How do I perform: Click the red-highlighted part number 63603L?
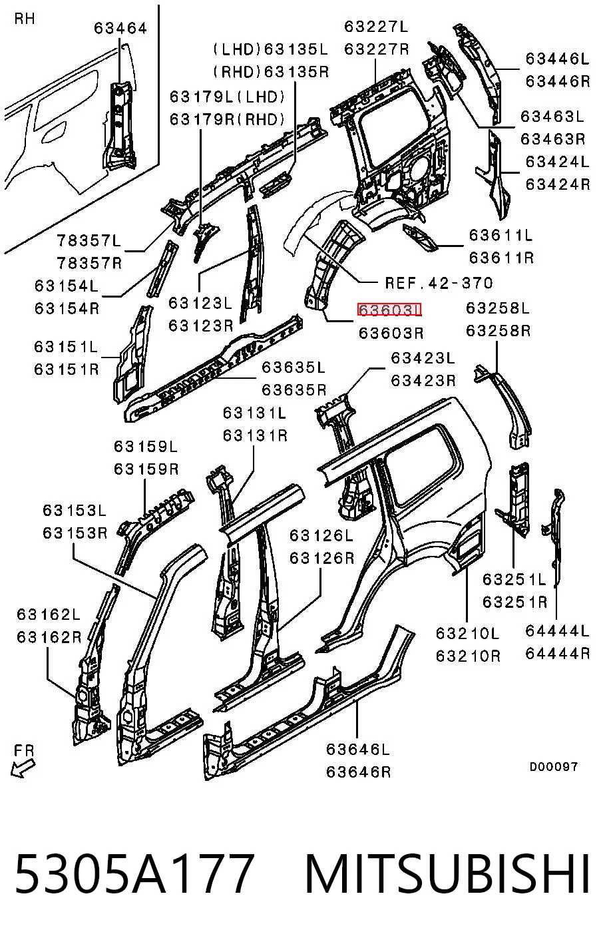click(389, 310)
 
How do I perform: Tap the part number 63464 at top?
click(120, 29)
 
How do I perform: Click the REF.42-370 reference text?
click(439, 283)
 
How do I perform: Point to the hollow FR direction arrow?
click(23, 768)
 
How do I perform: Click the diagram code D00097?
click(554, 766)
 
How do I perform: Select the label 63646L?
click(357, 750)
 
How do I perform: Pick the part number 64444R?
click(557, 654)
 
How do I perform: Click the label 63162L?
click(48, 614)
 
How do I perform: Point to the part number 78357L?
click(89, 241)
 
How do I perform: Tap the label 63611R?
click(501, 258)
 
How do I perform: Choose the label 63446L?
click(557, 59)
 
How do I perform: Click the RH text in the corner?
click(24, 19)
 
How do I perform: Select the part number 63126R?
click(321, 559)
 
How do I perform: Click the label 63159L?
click(146, 447)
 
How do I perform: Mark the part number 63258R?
click(498, 330)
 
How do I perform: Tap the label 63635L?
click(294, 367)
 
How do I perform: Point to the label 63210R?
click(468, 656)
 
